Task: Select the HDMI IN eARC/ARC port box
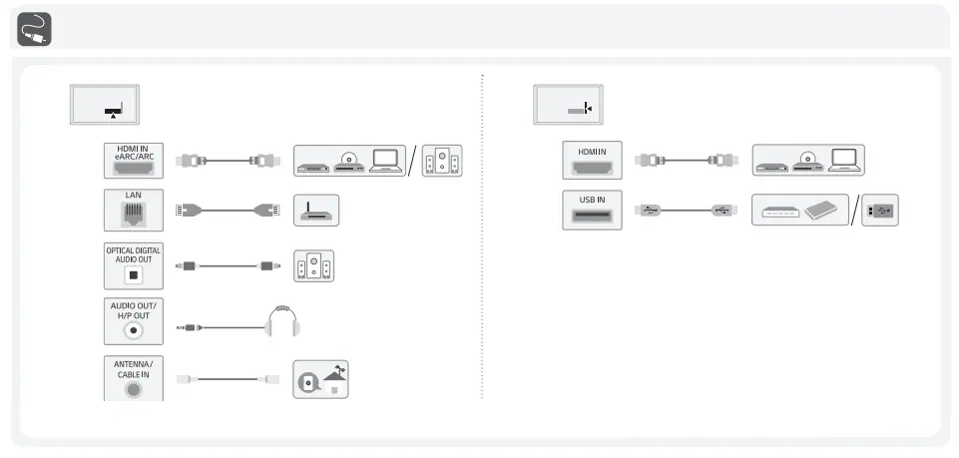click(134, 160)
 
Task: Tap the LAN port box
click(134, 210)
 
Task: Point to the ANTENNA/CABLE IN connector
click(134, 378)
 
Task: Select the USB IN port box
click(592, 211)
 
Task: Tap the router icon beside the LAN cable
click(317, 211)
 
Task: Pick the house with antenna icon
click(322, 379)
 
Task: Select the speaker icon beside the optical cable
click(313, 265)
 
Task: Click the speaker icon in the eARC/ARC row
click(442, 161)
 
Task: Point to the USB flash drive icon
click(877, 211)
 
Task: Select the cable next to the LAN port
click(228, 211)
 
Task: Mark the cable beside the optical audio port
click(228, 266)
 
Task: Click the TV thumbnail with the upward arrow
click(104, 105)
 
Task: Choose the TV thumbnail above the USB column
click(568, 105)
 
